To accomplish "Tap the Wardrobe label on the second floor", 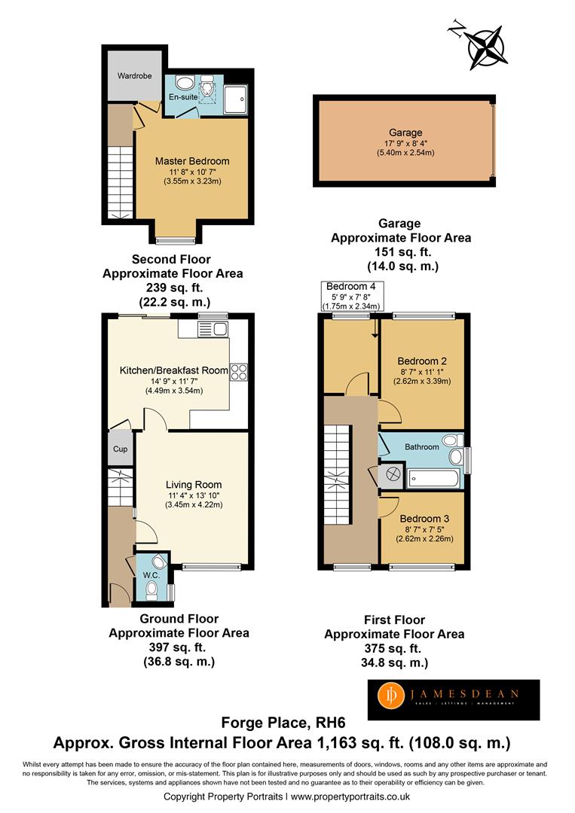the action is [x=134, y=76].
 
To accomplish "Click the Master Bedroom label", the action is [x=192, y=161].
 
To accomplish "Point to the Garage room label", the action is [x=405, y=132].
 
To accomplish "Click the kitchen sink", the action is [x=213, y=329].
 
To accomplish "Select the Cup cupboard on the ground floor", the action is [x=121, y=449].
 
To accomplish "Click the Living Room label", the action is [x=194, y=485].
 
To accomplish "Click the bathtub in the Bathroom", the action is [x=433, y=479].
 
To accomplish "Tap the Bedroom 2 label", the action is [x=422, y=361].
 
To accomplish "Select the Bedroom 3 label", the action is [x=424, y=519].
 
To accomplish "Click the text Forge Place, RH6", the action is [x=283, y=722].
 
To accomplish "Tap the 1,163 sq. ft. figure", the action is [x=361, y=743].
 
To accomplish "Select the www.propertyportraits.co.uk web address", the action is [x=350, y=796].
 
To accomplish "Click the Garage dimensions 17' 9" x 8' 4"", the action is [x=406, y=144].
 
